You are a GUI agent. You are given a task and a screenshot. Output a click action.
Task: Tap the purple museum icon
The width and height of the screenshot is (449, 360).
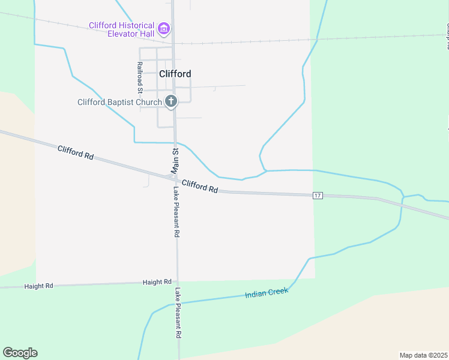click(163, 28)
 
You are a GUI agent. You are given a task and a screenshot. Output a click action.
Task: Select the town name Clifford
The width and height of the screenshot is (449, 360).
click(175, 74)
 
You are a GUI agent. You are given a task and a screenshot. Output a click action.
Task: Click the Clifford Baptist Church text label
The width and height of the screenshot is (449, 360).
click(119, 102)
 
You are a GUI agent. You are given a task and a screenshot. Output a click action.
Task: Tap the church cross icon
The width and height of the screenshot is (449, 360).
click(171, 101)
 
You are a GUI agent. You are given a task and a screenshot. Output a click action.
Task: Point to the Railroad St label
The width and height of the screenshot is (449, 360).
click(139, 77)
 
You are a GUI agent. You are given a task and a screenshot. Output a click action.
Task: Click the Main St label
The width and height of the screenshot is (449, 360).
click(176, 161)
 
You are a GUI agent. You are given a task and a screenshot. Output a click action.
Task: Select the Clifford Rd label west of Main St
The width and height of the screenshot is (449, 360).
click(76, 152)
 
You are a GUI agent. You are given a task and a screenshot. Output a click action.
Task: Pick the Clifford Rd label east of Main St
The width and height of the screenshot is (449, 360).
click(199, 186)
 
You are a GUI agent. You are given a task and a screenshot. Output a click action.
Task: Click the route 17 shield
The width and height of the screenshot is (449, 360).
click(318, 196)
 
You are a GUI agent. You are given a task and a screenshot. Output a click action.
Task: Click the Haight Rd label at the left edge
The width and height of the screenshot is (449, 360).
click(39, 286)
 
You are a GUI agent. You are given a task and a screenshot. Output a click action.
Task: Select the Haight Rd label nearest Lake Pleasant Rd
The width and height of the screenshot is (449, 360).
click(157, 281)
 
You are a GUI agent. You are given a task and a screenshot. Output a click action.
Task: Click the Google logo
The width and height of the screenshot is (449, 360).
click(20, 353)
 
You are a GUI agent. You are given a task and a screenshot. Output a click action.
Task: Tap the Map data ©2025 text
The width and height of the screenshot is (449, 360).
click(423, 355)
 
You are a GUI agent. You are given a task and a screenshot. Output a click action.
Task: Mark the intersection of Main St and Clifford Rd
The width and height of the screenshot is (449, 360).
click(175, 178)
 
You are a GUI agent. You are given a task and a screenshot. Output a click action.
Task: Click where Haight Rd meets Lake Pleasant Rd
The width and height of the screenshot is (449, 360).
click(177, 281)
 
